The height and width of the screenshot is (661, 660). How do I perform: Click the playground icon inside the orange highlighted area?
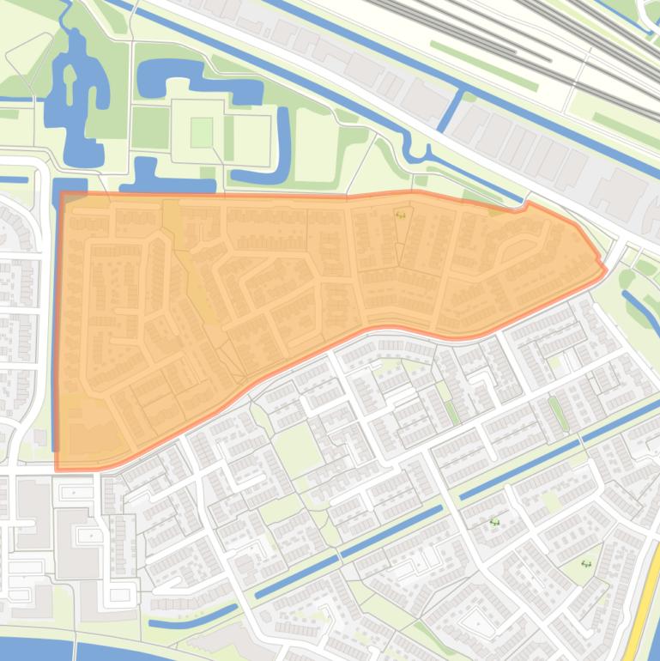tap(401, 215)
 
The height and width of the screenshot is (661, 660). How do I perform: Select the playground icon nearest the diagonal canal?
tap(494, 521)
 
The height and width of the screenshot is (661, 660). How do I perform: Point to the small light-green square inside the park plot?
tap(201, 132)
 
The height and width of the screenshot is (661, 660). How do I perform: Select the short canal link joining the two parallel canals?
tap(451, 110)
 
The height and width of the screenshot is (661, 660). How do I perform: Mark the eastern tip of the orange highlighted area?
tap(606, 269)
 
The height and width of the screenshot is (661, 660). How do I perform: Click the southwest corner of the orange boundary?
tap(57, 469)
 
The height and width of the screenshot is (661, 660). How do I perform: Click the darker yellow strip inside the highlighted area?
tap(193, 266)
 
